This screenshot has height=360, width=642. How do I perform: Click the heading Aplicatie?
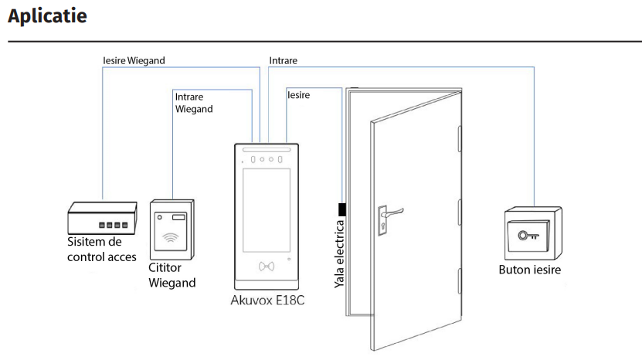pyautogui.click(x=48, y=15)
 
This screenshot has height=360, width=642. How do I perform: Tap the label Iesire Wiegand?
pyautogui.click(x=134, y=60)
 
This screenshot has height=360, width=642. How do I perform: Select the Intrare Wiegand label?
pyautogui.click(x=194, y=103)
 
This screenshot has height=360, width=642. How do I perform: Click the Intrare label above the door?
pyautogui.click(x=283, y=60)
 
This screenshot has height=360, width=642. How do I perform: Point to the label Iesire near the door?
pyautogui.click(x=298, y=95)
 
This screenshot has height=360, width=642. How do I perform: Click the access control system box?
pyautogui.click(x=102, y=219)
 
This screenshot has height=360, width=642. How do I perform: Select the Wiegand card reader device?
pyautogui.click(x=172, y=229)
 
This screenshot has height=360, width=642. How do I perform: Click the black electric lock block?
pyautogui.click(x=341, y=209)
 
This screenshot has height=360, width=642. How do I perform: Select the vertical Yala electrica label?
pyautogui.click(x=339, y=255)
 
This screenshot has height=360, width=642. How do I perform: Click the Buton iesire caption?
pyautogui.click(x=530, y=270)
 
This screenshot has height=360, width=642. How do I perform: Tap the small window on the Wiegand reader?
pyautogui.click(x=178, y=217)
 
